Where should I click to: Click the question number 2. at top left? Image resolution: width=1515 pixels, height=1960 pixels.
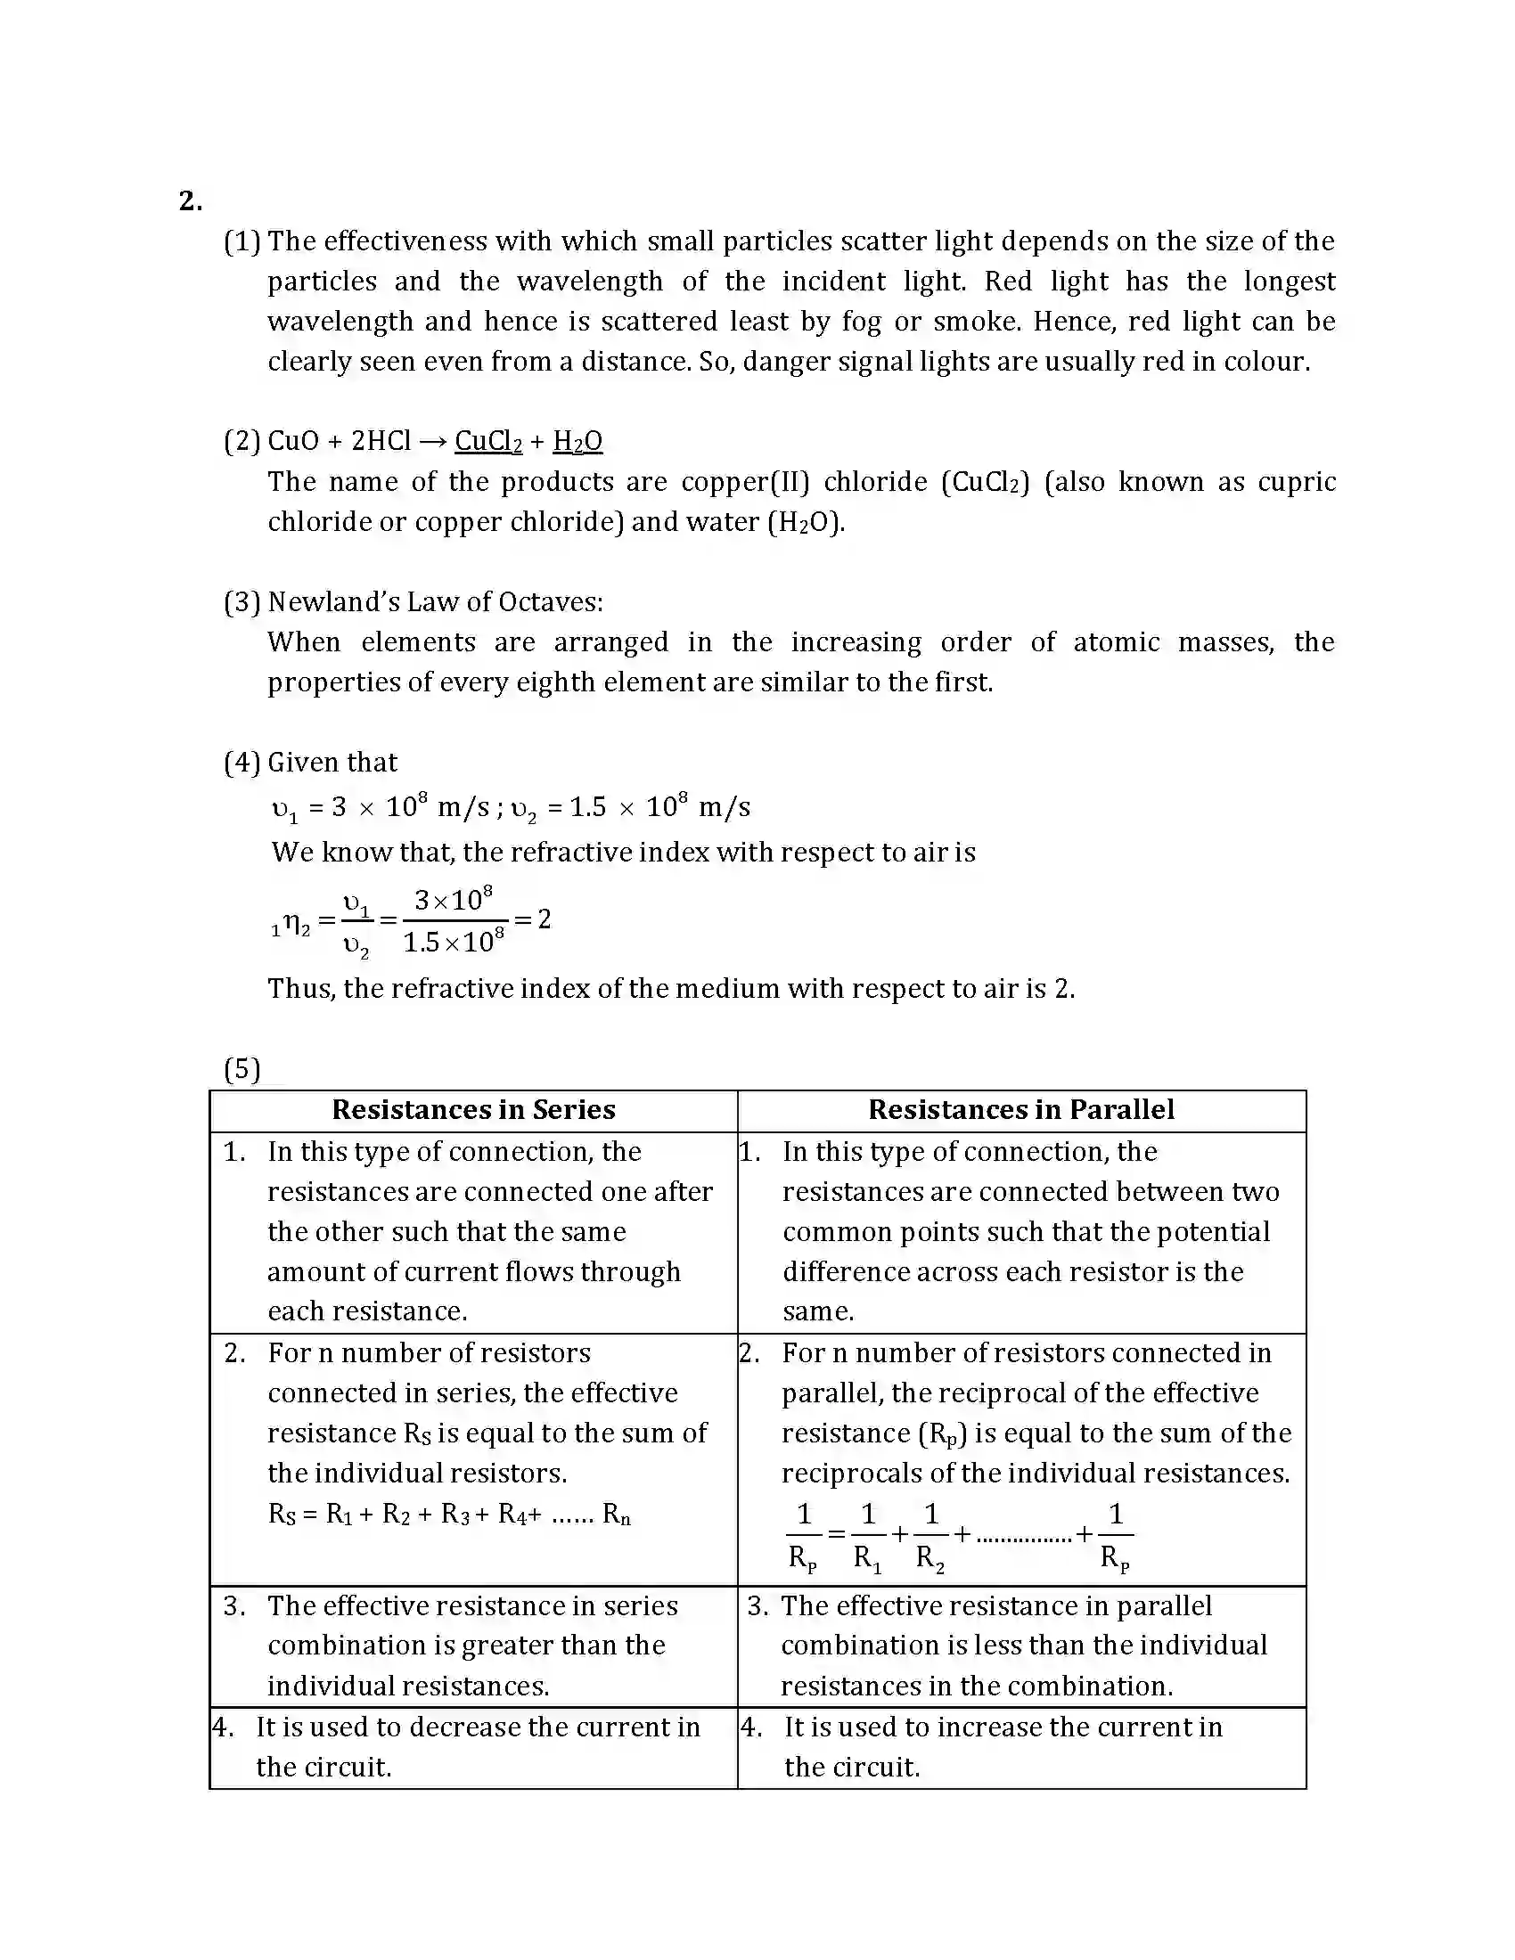191,201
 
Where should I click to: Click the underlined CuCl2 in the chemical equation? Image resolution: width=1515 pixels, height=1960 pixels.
488,441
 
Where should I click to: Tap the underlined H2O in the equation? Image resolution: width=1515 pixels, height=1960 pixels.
577,441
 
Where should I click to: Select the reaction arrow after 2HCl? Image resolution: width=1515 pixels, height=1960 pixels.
432,442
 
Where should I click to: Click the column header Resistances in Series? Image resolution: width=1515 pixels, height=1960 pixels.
473,1110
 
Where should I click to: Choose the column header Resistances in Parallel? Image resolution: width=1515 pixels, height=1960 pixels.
1020,1110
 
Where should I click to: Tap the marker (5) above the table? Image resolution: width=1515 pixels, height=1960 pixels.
242,1069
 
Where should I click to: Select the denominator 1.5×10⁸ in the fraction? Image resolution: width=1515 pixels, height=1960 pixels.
454,943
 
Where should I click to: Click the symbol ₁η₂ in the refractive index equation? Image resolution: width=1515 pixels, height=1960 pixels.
291,924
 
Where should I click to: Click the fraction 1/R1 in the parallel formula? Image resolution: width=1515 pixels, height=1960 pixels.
867,1537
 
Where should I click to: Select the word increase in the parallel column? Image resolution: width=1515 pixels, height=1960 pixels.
990,1727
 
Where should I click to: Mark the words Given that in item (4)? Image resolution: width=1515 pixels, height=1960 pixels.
332,763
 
